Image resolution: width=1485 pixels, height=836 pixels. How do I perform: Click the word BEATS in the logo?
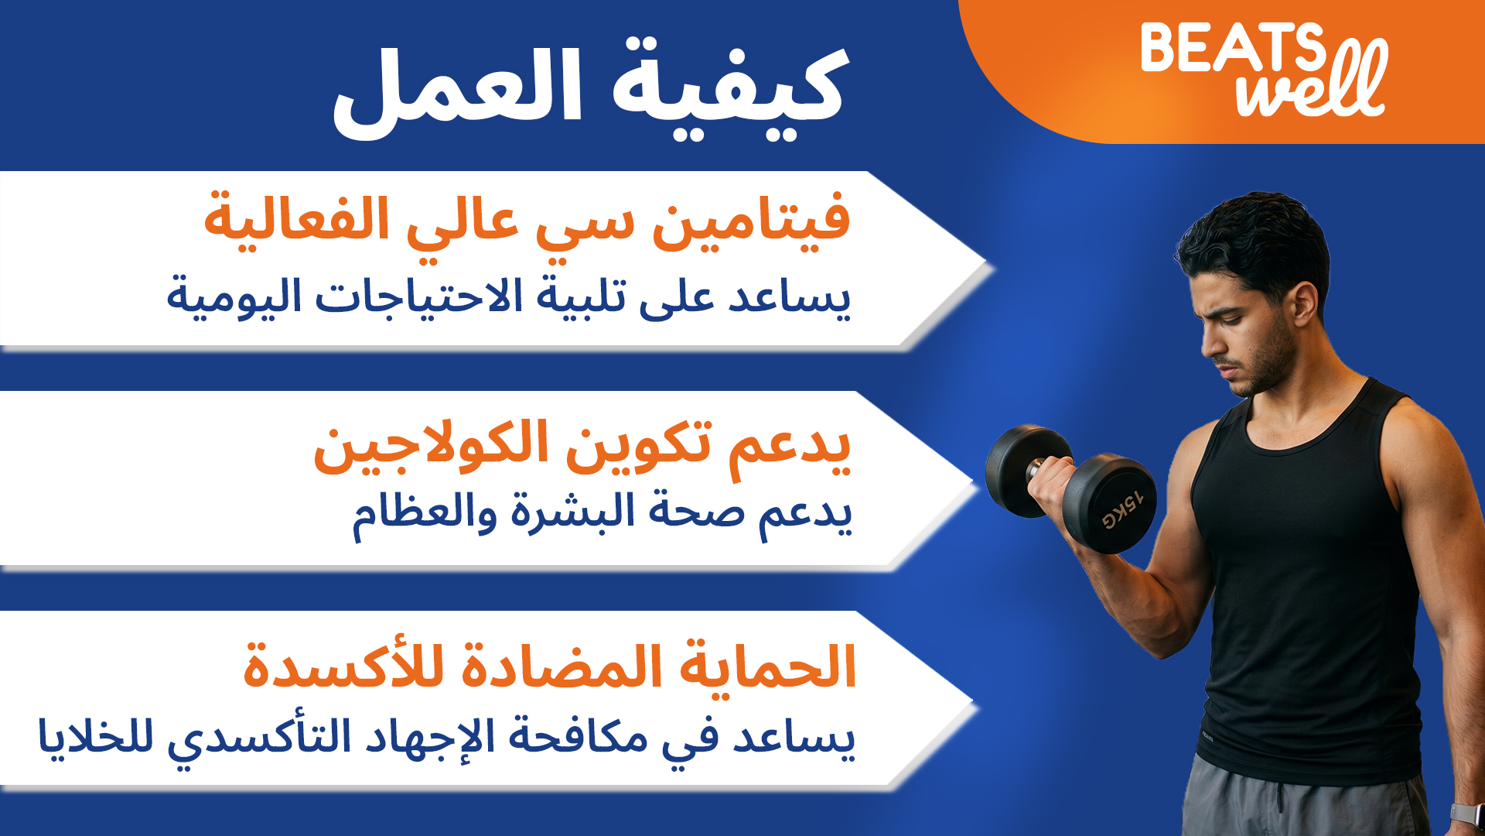(1234, 48)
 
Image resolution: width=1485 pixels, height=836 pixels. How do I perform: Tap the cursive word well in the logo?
(1313, 81)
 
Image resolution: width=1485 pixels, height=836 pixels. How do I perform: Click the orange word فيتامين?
(752, 221)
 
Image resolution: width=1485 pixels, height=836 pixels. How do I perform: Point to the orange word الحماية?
(768, 666)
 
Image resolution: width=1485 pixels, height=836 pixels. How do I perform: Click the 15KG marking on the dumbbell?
(1122, 510)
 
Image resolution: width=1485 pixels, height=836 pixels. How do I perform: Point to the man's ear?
(1304, 303)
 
